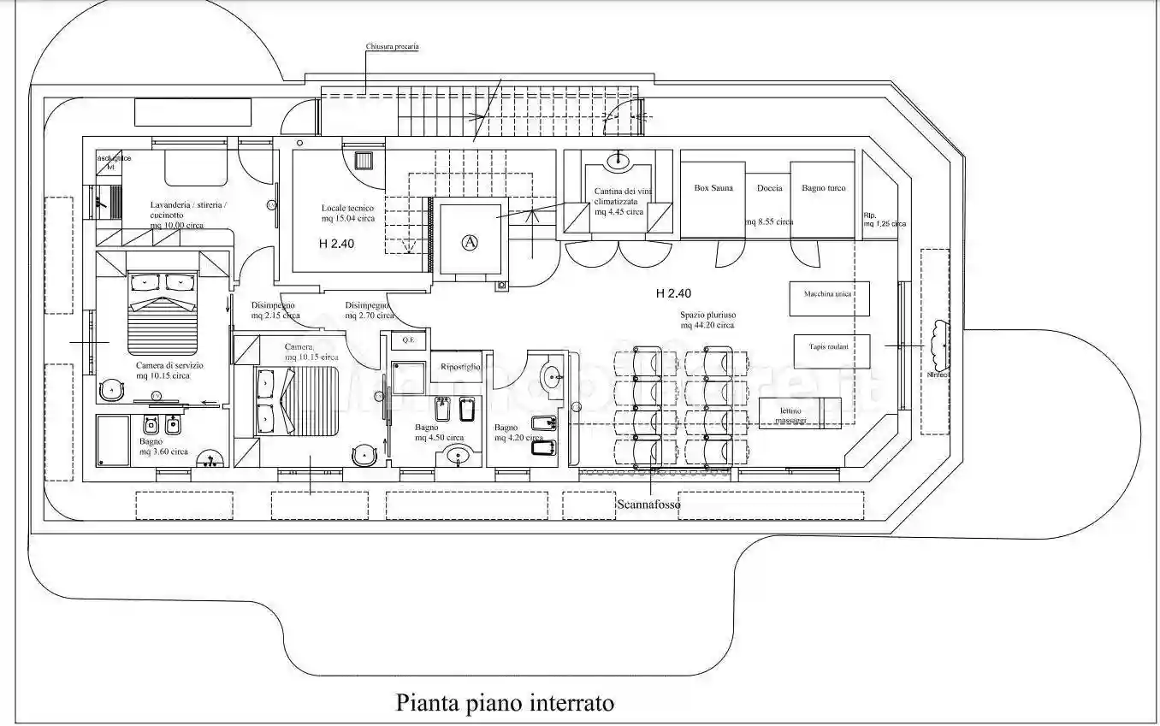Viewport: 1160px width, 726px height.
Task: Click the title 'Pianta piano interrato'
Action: point(505,703)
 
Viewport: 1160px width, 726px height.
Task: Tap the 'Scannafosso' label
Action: point(648,505)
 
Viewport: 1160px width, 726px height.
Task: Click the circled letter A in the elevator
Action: point(469,242)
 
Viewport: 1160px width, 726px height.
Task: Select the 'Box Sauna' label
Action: point(713,188)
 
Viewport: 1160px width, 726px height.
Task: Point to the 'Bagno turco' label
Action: point(823,188)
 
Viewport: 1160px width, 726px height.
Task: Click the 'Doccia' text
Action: point(769,188)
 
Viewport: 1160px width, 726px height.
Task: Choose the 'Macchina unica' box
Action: point(828,295)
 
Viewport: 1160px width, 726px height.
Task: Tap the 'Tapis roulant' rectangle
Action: point(832,348)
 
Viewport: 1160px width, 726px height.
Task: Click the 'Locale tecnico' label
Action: point(347,209)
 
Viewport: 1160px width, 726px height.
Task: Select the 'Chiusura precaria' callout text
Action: point(392,47)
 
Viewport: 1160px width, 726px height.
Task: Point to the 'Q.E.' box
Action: point(408,340)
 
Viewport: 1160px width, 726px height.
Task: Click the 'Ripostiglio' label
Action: point(460,367)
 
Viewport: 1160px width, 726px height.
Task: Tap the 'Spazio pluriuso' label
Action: point(707,314)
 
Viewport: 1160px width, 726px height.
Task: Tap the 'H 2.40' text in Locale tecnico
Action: point(336,244)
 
